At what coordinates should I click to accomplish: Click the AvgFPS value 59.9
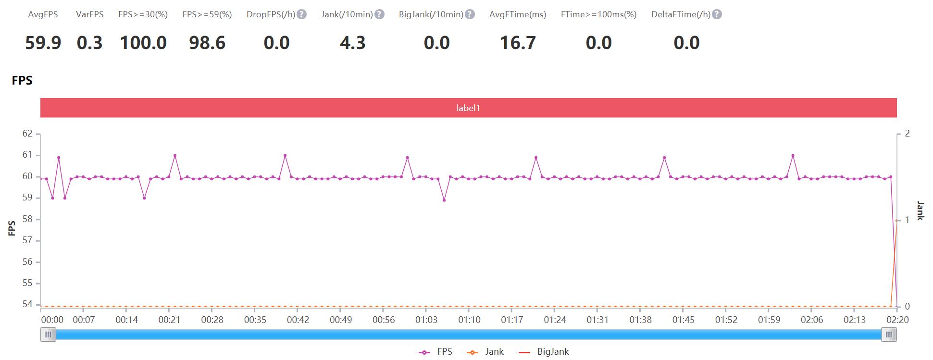(x=43, y=43)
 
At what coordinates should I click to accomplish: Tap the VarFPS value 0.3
(x=89, y=43)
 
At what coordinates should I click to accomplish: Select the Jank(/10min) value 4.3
(x=352, y=43)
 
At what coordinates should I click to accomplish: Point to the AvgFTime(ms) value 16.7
(x=518, y=43)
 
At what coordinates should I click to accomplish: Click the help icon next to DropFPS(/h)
(x=301, y=14)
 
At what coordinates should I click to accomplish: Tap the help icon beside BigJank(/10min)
(x=470, y=14)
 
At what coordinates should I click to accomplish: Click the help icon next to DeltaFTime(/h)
(x=717, y=14)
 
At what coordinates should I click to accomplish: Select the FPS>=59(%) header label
(x=207, y=14)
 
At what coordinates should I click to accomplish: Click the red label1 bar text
(x=468, y=108)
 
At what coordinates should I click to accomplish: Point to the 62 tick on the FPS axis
(x=27, y=134)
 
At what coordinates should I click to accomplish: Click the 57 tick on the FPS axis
(x=27, y=240)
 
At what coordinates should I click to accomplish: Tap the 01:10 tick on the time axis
(x=469, y=320)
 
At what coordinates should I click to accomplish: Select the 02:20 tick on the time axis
(x=897, y=320)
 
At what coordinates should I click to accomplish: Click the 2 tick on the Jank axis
(x=907, y=134)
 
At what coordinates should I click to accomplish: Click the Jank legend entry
(x=485, y=352)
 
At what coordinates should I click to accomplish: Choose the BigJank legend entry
(x=544, y=352)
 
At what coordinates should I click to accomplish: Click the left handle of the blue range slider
(x=48, y=335)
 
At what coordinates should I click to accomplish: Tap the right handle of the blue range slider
(x=889, y=335)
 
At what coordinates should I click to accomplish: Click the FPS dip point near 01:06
(x=444, y=200)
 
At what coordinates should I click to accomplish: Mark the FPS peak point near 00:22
(x=174, y=155)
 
